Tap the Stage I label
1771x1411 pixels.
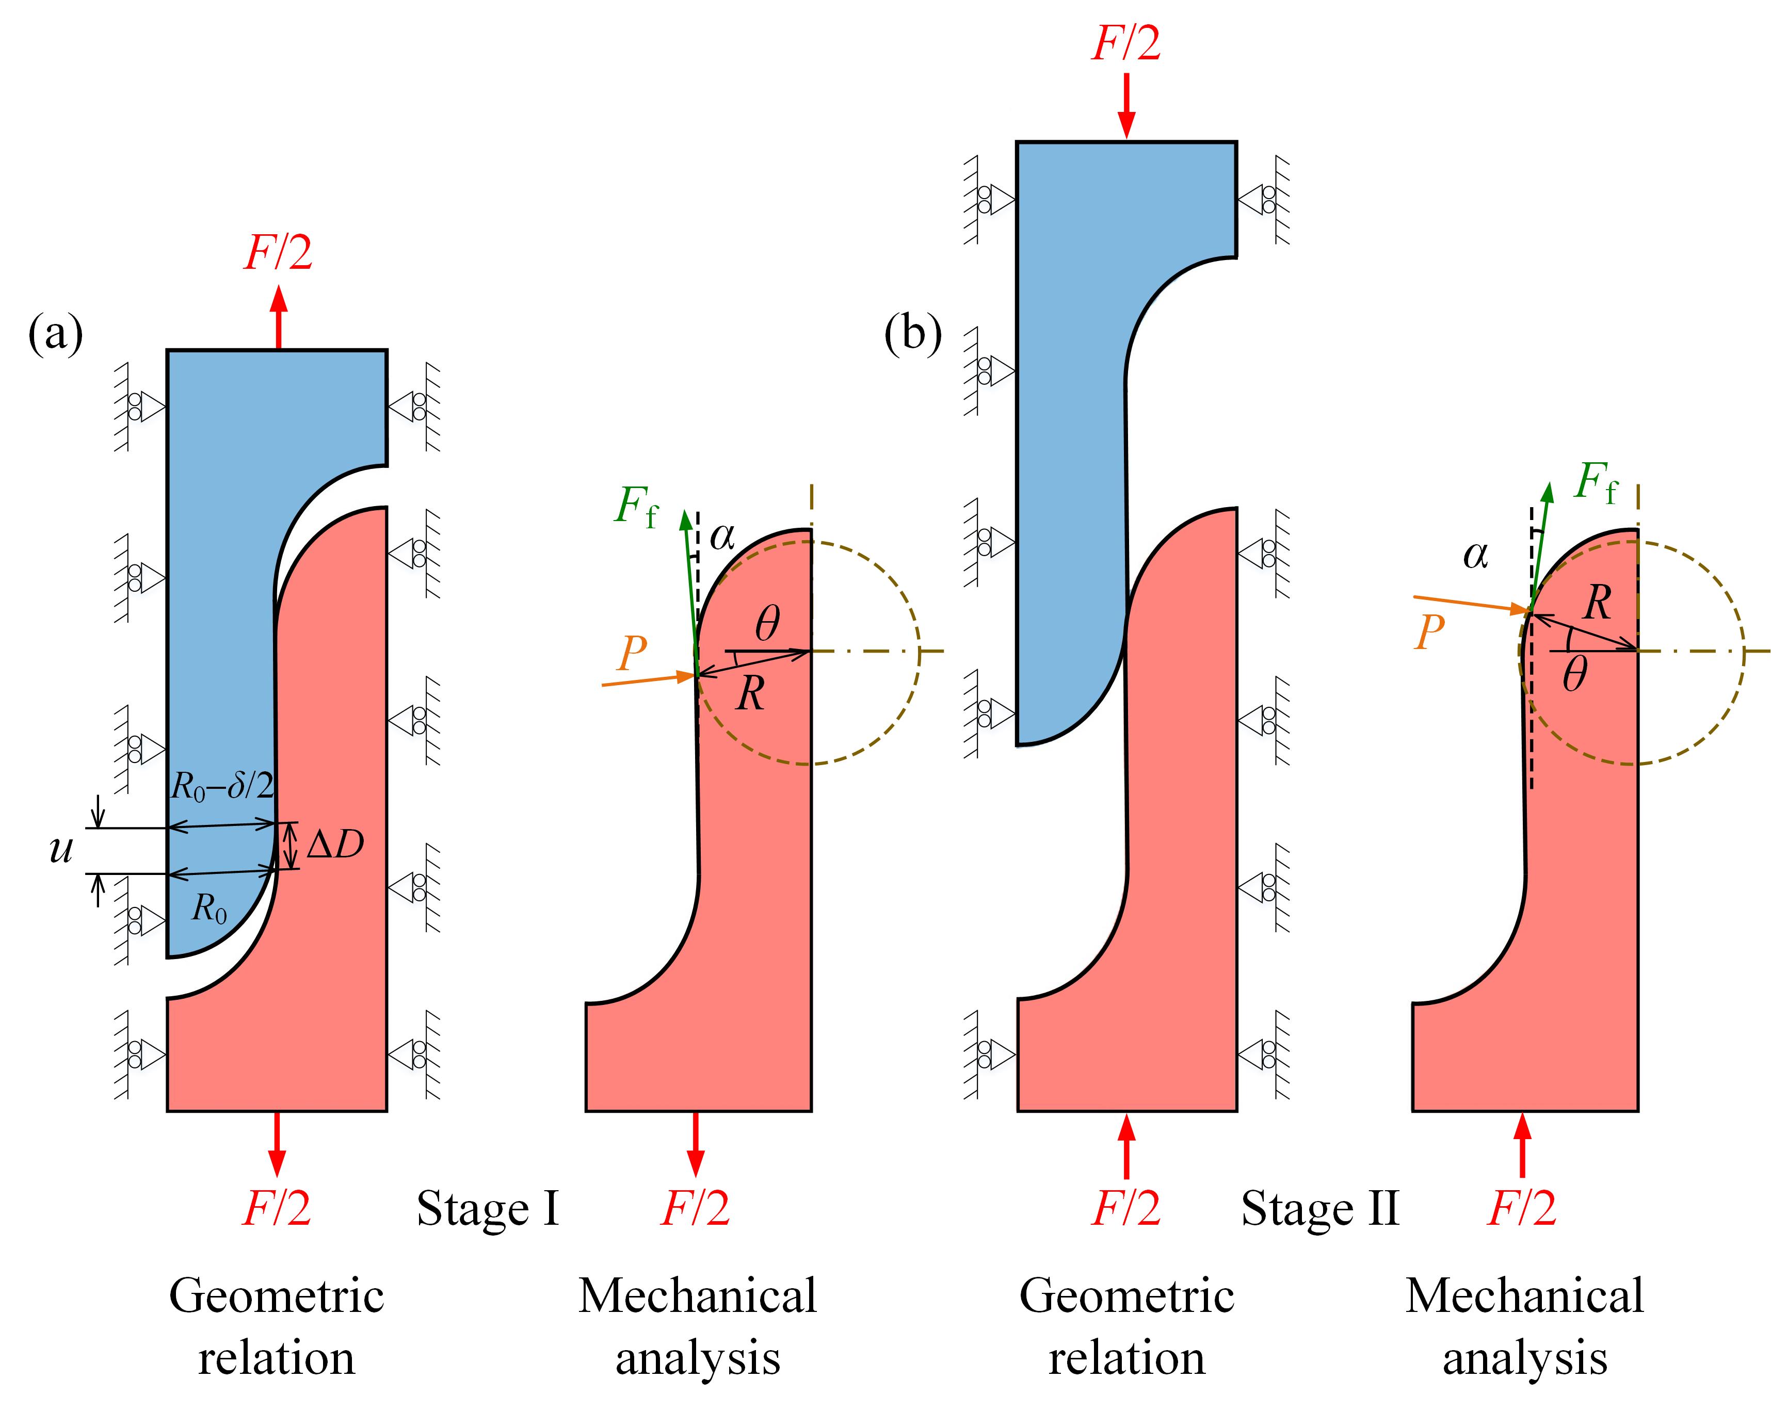coord(488,1209)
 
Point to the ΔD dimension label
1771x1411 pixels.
coord(335,845)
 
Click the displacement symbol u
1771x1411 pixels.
coord(61,849)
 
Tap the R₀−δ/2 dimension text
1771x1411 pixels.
coord(222,787)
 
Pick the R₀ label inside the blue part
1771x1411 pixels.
coord(210,909)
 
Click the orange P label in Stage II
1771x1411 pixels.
coord(1430,632)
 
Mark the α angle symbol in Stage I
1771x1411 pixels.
coord(722,537)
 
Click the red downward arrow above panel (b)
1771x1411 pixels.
coord(1126,107)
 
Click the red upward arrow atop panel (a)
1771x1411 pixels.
coord(279,317)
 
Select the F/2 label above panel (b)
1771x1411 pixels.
coord(1126,43)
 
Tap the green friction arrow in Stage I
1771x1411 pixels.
coord(689,591)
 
